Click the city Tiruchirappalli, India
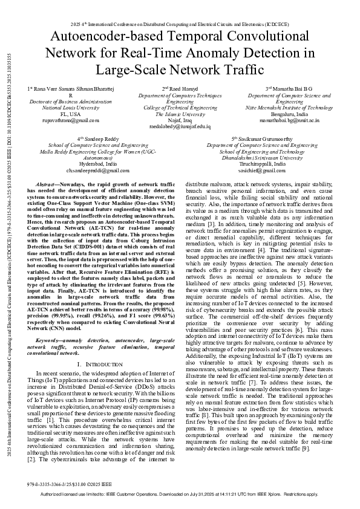click(x=261, y=164)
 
